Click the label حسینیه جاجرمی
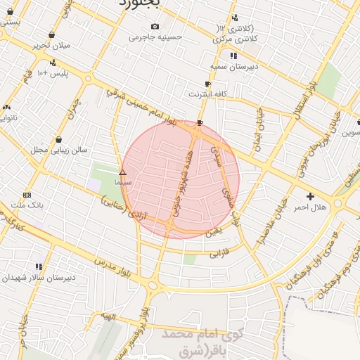click(155, 37)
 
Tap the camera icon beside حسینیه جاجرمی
click(155, 26)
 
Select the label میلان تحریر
click(52, 46)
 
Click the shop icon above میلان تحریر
click(52, 34)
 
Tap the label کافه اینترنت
click(205, 93)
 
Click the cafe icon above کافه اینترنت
click(207, 83)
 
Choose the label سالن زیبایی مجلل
click(58, 150)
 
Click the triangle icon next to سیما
click(122, 172)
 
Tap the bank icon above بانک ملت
click(27, 195)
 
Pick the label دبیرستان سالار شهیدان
click(33, 278)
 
